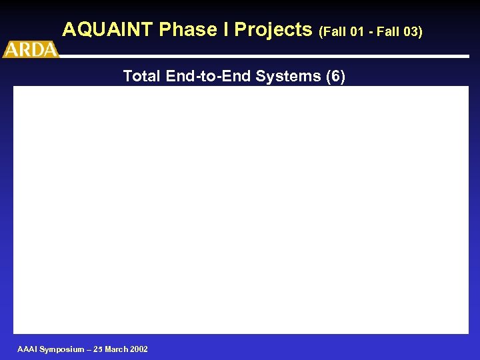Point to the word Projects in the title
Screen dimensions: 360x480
[x=273, y=30]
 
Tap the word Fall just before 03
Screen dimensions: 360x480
[x=387, y=31]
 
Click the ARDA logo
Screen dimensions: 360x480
[x=31, y=49]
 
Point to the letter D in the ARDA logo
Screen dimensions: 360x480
[x=37, y=49]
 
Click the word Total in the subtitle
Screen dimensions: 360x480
[x=142, y=77]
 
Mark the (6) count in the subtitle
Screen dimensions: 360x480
[x=335, y=77]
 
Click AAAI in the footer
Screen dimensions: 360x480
[x=27, y=349]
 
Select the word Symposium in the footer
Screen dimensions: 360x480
[x=61, y=349]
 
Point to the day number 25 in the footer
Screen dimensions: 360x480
[x=99, y=349]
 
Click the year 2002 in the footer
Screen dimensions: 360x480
[x=139, y=349]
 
